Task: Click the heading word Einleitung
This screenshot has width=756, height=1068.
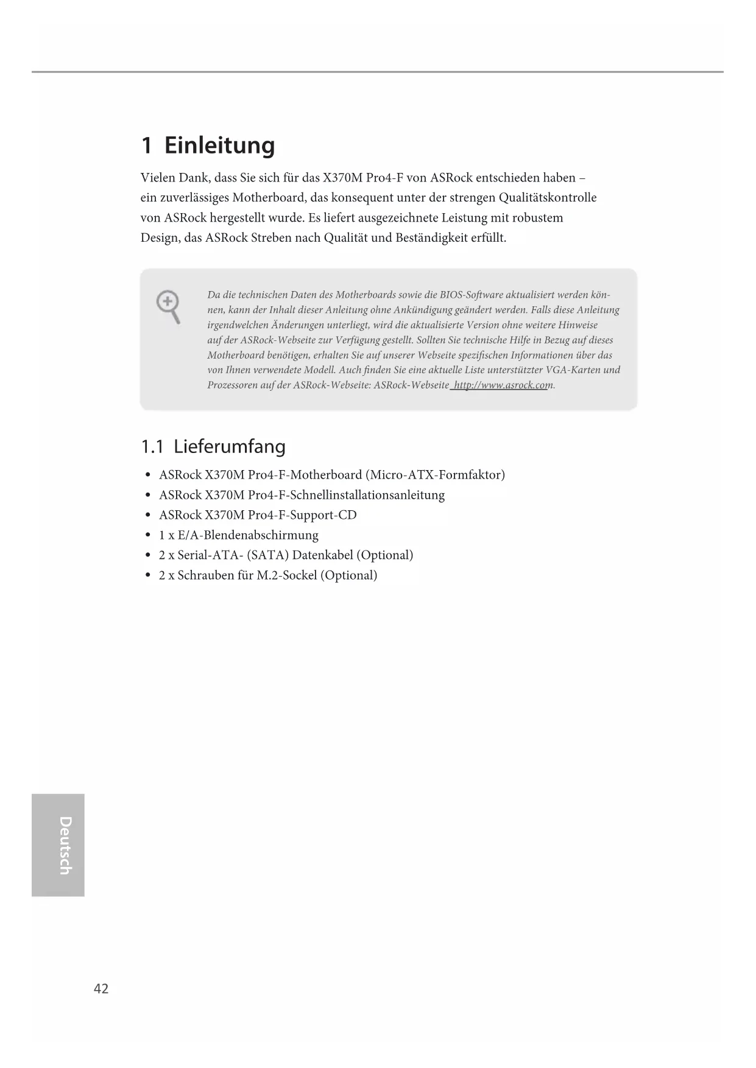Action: (x=219, y=146)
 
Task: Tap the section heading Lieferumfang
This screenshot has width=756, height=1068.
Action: (x=229, y=446)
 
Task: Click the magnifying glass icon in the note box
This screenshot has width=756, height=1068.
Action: (x=168, y=307)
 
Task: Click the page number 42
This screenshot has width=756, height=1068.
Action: (x=101, y=988)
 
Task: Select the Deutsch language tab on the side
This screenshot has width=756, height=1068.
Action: (x=58, y=845)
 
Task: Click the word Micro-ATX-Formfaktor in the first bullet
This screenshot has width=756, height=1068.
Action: (x=437, y=475)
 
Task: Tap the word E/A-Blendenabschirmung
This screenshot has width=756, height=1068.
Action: (x=248, y=535)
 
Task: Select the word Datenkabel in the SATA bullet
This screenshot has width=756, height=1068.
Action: (x=323, y=555)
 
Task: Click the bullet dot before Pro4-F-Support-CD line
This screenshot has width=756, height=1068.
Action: (x=148, y=515)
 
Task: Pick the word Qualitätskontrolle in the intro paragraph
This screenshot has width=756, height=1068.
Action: (x=548, y=198)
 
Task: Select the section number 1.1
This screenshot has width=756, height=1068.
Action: (x=152, y=446)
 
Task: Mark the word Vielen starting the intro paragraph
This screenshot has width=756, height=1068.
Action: (x=157, y=178)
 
